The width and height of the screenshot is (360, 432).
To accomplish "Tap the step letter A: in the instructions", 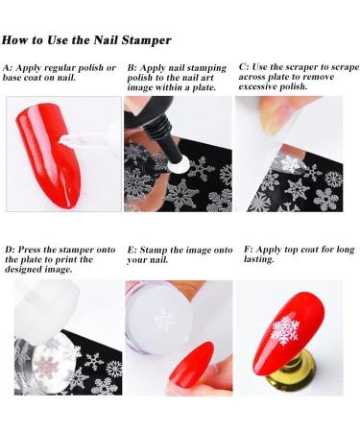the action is coord(8,68).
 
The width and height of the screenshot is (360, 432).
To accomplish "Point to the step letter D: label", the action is coord(10,250).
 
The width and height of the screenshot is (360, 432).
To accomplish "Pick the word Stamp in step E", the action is coord(153,251).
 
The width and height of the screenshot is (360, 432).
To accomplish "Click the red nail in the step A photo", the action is coord(48,153).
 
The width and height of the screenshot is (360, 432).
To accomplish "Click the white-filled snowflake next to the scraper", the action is coord(291,163).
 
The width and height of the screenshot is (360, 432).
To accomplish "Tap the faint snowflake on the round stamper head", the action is coord(164,320).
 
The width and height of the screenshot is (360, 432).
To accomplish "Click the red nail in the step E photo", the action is coord(191,363).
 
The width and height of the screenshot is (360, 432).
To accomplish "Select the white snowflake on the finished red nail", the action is coord(284,331).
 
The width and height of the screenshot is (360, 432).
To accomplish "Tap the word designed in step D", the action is coord(20,270).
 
